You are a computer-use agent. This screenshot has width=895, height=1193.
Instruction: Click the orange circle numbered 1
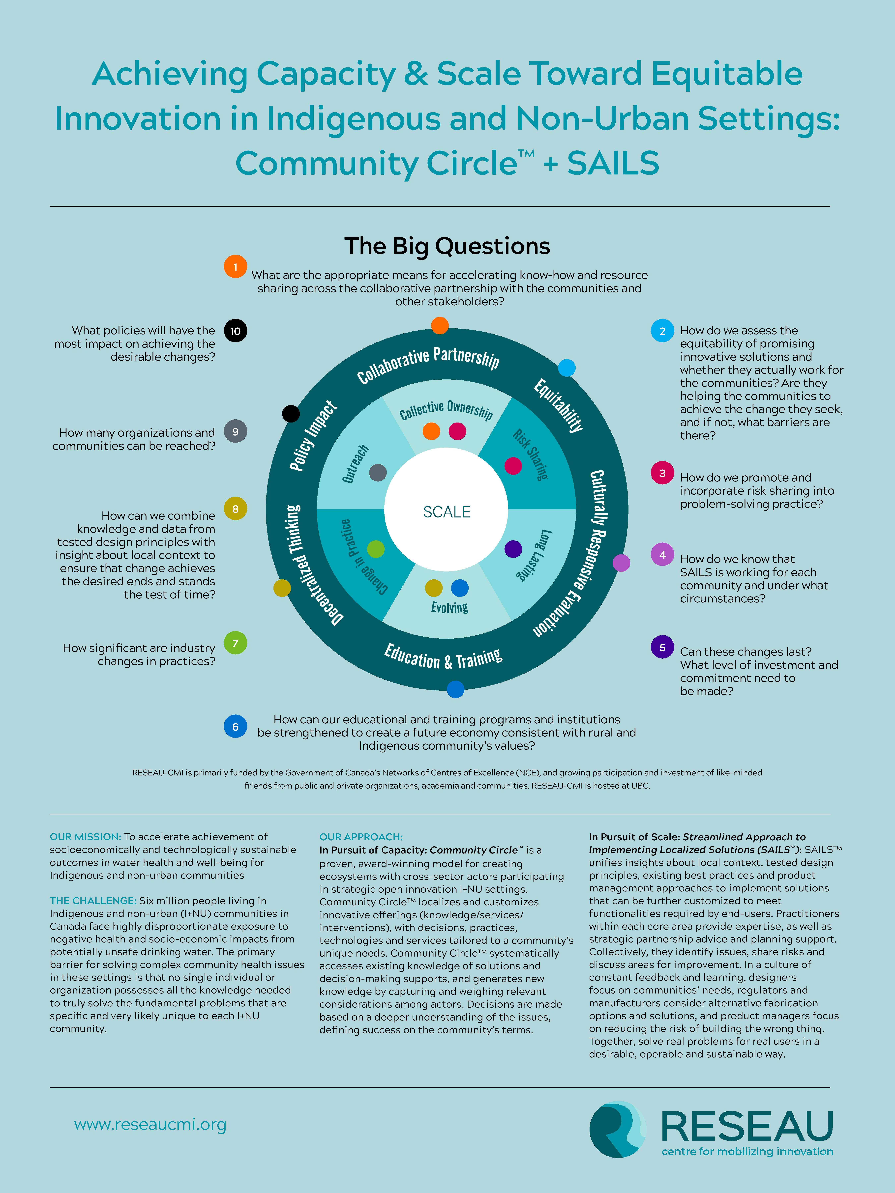pyautogui.click(x=235, y=266)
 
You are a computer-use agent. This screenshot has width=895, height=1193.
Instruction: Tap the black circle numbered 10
pyautogui.click(x=235, y=331)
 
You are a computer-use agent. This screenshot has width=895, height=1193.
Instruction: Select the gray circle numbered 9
pyautogui.click(x=235, y=431)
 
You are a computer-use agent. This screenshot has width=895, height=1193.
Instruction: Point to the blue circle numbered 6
pyautogui.click(x=235, y=726)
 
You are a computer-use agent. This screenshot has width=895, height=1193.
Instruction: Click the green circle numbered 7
pyautogui.click(x=235, y=643)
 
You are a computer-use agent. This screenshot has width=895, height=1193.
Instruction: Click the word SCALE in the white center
pyautogui.click(x=447, y=512)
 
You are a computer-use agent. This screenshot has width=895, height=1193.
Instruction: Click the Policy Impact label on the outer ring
pyautogui.click(x=313, y=436)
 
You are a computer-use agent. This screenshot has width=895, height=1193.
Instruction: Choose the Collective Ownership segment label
pyautogui.click(x=446, y=410)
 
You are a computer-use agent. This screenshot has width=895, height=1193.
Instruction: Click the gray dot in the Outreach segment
pyautogui.click(x=378, y=472)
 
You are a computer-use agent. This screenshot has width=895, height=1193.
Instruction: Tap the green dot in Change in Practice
pyautogui.click(x=375, y=549)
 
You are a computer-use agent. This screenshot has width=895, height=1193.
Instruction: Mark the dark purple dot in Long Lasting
pyautogui.click(x=513, y=549)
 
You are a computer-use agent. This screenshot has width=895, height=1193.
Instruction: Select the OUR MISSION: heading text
pyautogui.click(x=85, y=836)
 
